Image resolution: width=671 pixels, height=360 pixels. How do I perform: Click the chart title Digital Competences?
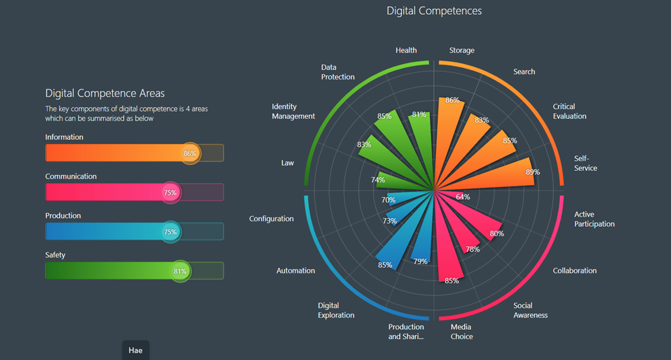434,11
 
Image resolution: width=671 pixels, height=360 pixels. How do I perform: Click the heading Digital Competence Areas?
105,93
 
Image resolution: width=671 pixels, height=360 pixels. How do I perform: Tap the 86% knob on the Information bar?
190,153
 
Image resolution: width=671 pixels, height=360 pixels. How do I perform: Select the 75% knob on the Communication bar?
170,192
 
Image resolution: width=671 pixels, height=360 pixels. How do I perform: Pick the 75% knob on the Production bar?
170,232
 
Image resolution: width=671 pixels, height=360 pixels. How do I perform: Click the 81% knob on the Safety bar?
180,271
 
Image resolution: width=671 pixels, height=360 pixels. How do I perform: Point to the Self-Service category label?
585,164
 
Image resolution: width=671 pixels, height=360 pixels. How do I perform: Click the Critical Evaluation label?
569,111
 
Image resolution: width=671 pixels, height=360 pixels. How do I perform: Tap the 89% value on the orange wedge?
532,172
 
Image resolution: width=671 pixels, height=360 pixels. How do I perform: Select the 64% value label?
463,197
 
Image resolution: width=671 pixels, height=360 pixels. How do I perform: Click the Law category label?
287,163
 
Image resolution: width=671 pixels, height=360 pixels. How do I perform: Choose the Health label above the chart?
406,50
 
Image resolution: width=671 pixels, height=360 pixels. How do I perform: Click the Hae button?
135,351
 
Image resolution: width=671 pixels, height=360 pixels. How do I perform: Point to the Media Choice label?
462,332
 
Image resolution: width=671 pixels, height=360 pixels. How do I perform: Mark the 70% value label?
388,200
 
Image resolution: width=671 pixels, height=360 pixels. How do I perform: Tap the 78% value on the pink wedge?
472,250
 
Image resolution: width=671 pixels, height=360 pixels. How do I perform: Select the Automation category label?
295,271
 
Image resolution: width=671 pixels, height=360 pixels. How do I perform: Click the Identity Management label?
293,111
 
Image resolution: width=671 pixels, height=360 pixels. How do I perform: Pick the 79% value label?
420,262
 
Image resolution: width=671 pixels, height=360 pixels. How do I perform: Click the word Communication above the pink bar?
71,176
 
